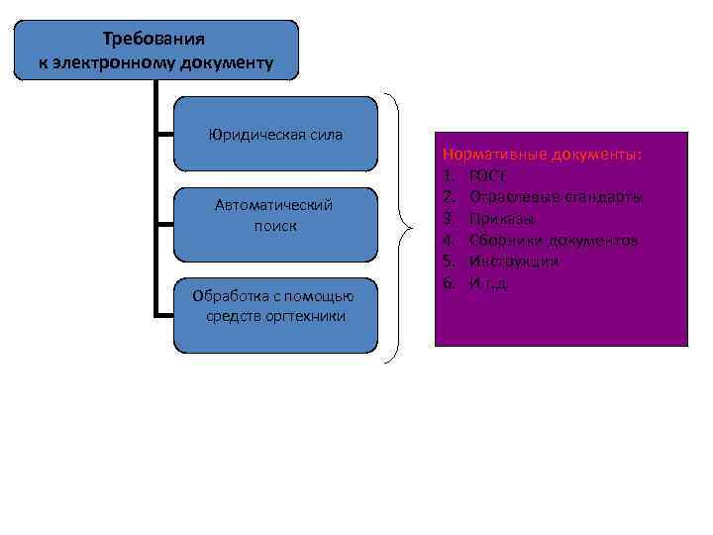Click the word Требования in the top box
pyautogui.click(x=153, y=39)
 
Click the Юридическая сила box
pyautogui.click(x=275, y=134)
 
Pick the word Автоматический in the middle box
pyautogui.click(x=274, y=205)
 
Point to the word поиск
pyautogui.click(x=275, y=226)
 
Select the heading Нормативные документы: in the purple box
pyautogui.click(x=543, y=156)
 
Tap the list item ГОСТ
pyautogui.click(x=488, y=176)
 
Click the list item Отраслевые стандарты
pyautogui.click(x=556, y=197)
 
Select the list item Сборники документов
pyautogui.click(x=554, y=240)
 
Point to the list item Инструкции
pyautogui.click(x=514, y=262)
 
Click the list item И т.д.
pyautogui.click(x=489, y=282)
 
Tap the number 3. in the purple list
pyautogui.click(x=449, y=218)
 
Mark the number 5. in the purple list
pyautogui.click(x=449, y=262)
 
